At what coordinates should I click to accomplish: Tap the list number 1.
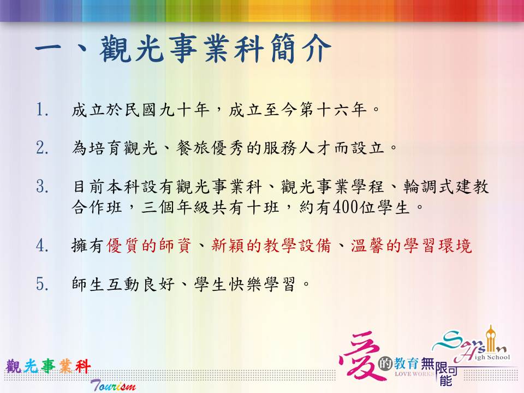42,110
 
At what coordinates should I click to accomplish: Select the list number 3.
42,186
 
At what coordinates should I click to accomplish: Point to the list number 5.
42,284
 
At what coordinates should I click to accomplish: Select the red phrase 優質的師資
148,246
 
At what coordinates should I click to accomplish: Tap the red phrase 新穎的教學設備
271,246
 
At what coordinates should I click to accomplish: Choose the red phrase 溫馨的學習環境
411,246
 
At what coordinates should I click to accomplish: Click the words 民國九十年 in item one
167,110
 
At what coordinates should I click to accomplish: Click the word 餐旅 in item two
193,148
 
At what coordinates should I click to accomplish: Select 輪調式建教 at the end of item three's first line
446,186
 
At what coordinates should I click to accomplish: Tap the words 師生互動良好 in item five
123,284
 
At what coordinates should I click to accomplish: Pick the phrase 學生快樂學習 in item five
245,284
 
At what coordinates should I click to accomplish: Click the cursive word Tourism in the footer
113,385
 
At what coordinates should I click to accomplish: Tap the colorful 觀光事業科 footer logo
48,366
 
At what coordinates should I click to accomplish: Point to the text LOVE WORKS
414,373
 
